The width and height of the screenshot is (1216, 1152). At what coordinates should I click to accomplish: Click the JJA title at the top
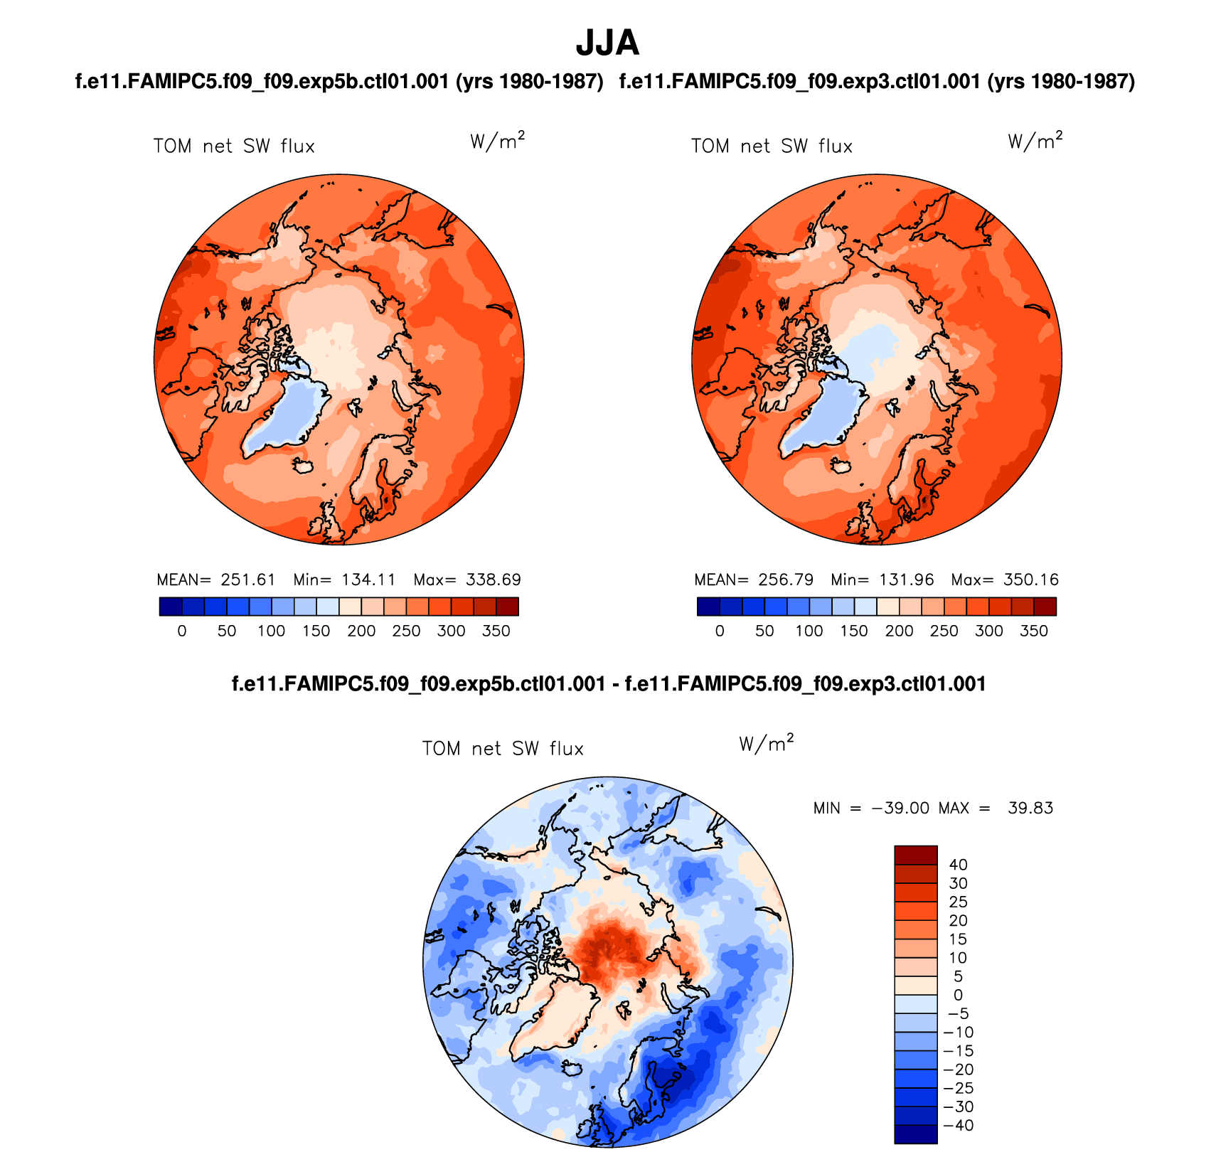point(607,43)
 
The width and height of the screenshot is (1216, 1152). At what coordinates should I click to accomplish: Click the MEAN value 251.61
point(247,580)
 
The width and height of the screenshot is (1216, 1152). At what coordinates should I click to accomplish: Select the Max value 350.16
point(1030,580)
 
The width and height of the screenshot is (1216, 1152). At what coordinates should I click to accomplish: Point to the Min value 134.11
point(368,580)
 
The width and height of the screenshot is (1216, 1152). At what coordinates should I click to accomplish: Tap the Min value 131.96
point(906,580)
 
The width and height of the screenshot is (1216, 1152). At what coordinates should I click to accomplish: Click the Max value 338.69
point(493,580)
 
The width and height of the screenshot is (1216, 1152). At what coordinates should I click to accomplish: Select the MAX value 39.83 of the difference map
point(1030,808)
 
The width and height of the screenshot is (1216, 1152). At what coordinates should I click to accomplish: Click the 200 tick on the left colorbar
point(361,631)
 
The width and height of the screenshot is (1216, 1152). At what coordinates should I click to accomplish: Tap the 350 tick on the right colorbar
point(1034,631)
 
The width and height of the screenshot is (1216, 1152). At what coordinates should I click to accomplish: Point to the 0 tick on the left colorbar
point(182,631)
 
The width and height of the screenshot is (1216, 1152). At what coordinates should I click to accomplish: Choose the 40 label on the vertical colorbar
point(958,865)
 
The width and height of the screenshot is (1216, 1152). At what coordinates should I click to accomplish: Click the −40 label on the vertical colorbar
point(958,1125)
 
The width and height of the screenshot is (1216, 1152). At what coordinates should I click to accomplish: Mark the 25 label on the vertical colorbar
point(958,902)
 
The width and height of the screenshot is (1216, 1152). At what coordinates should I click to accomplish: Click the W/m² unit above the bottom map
point(766,744)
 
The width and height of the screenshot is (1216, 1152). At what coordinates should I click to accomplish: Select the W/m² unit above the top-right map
point(1035,142)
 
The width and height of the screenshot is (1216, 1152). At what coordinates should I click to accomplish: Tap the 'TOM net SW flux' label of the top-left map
point(234,146)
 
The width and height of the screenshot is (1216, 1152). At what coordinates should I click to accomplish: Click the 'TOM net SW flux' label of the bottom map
point(503,749)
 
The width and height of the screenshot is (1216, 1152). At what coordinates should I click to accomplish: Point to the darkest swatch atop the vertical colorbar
point(915,855)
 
